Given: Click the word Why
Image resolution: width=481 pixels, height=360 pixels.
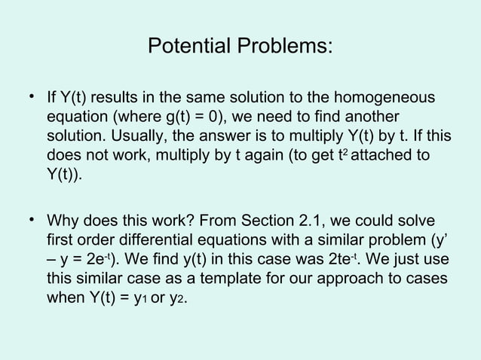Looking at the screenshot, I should [63, 222].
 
